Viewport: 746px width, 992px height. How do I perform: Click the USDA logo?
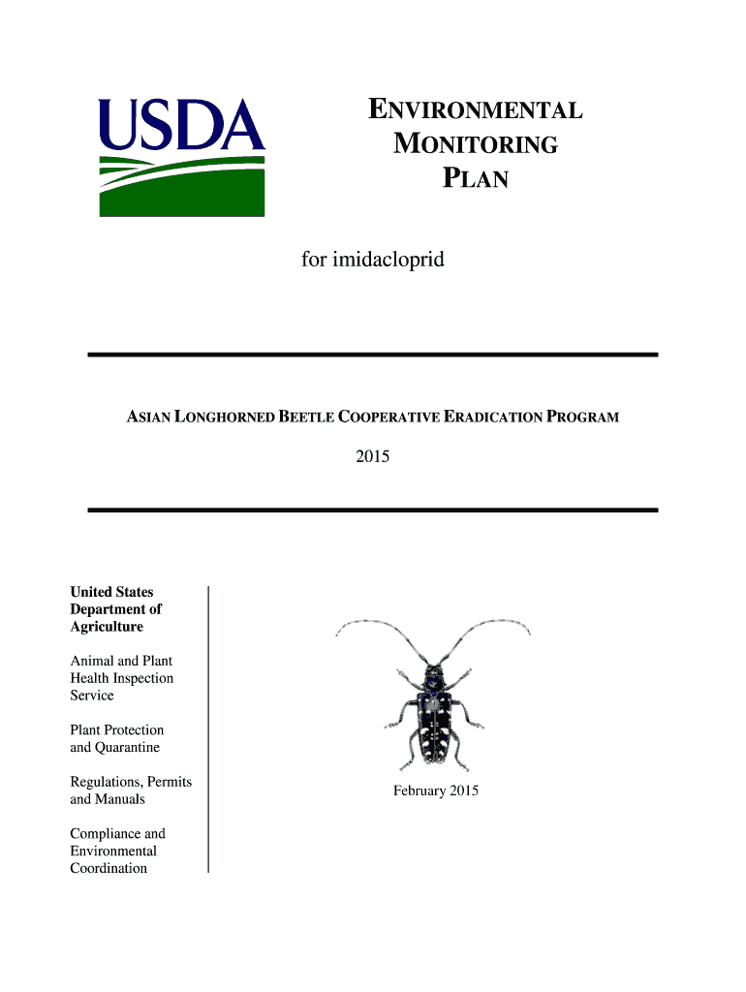[181, 157]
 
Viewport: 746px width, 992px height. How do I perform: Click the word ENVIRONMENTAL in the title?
[475, 109]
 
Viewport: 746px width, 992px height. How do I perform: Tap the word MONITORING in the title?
[475, 144]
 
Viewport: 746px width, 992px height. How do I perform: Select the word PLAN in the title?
[475, 179]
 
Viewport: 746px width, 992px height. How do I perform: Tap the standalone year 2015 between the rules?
[372, 455]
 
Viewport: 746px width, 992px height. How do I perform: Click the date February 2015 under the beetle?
[436, 791]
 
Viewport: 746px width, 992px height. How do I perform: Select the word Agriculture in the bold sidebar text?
[107, 627]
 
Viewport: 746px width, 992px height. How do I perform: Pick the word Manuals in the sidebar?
[120, 799]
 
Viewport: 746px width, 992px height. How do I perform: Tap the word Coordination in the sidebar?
[109, 868]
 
